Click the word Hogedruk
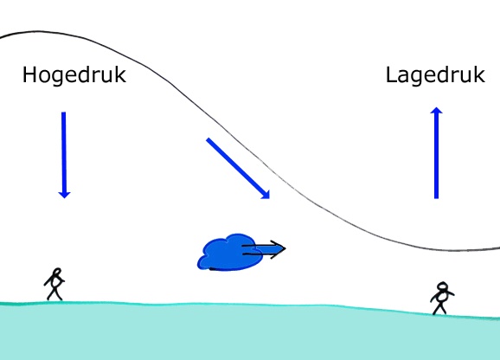pos(74,75)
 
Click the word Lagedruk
pos(435,75)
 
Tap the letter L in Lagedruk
pos(391,74)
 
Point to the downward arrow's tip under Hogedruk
pos(64,198)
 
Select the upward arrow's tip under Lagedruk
pos(436,107)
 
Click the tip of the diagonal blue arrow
pos(270,199)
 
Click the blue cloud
pos(229,252)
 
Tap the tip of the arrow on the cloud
pos(285,248)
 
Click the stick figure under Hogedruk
pos(54,284)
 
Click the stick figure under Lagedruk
pos(442,298)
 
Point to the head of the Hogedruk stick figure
pos(57,272)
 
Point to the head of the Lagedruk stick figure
pos(442,286)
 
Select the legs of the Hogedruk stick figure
pos(54,294)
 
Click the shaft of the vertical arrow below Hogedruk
pos(64,152)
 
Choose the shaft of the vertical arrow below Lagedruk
pos(437,156)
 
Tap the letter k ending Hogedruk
pos(121,74)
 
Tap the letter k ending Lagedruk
pos(480,74)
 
